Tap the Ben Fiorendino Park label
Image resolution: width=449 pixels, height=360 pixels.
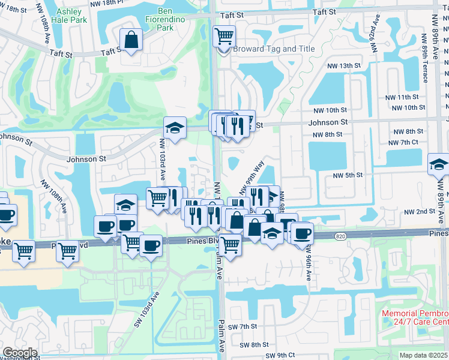point(157,19)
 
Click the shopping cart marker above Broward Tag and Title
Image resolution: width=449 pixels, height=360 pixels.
point(224,36)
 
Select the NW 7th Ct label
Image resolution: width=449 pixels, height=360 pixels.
point(403,142)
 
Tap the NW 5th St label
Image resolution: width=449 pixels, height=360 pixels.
point(348,175)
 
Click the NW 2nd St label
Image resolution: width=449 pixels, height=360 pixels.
point(419,212)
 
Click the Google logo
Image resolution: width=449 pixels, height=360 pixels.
point(20,353)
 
